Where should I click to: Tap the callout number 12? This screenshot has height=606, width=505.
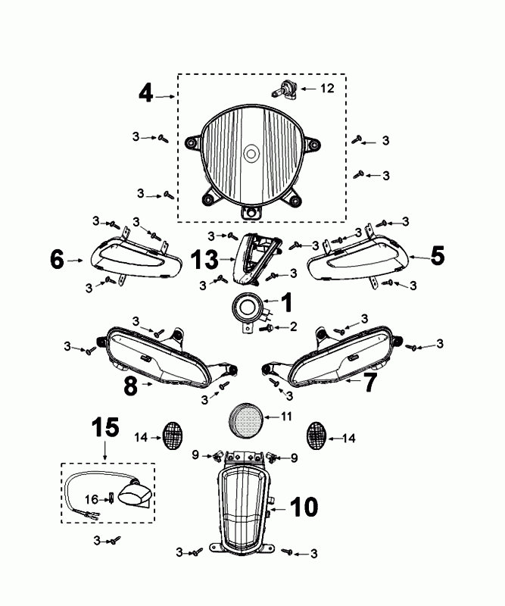point(326,89)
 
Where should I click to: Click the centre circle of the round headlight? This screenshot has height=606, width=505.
point(250,153)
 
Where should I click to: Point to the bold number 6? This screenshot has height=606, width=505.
point(57,260)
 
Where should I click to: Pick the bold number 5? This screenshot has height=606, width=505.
point(438,257)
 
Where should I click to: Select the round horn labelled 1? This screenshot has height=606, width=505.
point(247,308)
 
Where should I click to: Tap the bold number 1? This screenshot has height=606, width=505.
point(286,303)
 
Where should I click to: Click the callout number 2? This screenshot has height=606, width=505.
point(292,327)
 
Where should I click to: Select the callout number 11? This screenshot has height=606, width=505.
point(286,416)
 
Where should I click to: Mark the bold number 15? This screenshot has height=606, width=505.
point(105,429)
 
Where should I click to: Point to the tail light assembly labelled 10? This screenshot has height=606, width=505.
point(245,508)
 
